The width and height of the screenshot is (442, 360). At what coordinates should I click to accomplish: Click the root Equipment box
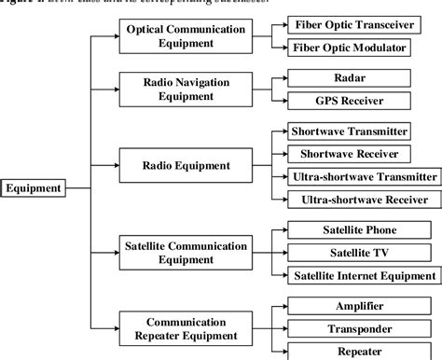[35, 188]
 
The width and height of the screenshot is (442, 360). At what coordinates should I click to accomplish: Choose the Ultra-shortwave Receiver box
[360, 200]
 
